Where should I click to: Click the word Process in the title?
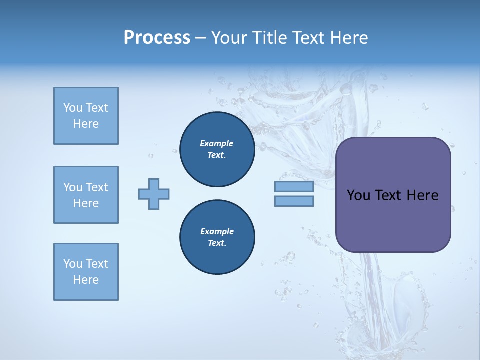(x=157, y=38)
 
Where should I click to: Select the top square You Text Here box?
(x=86, y=116)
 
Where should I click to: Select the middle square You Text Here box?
(x=86, y=195)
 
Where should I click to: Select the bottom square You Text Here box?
(x=86, y=272)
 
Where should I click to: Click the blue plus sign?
(x=154, y=194)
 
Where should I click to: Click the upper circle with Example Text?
(x=217, y=149)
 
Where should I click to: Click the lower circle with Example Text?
(x=217, y=237)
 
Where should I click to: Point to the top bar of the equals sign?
(x=294, y=187)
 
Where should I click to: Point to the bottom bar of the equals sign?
(x=294, y=201)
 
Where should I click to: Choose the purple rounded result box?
(x=393, y=195)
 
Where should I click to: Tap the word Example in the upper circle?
(x=217, y=143)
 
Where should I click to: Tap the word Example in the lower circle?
(x=217, y=231)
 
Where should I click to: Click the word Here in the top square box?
(x=86, y=124)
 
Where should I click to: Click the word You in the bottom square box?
(x=72, y=264)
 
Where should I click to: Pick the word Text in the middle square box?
(x=97, y=187)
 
